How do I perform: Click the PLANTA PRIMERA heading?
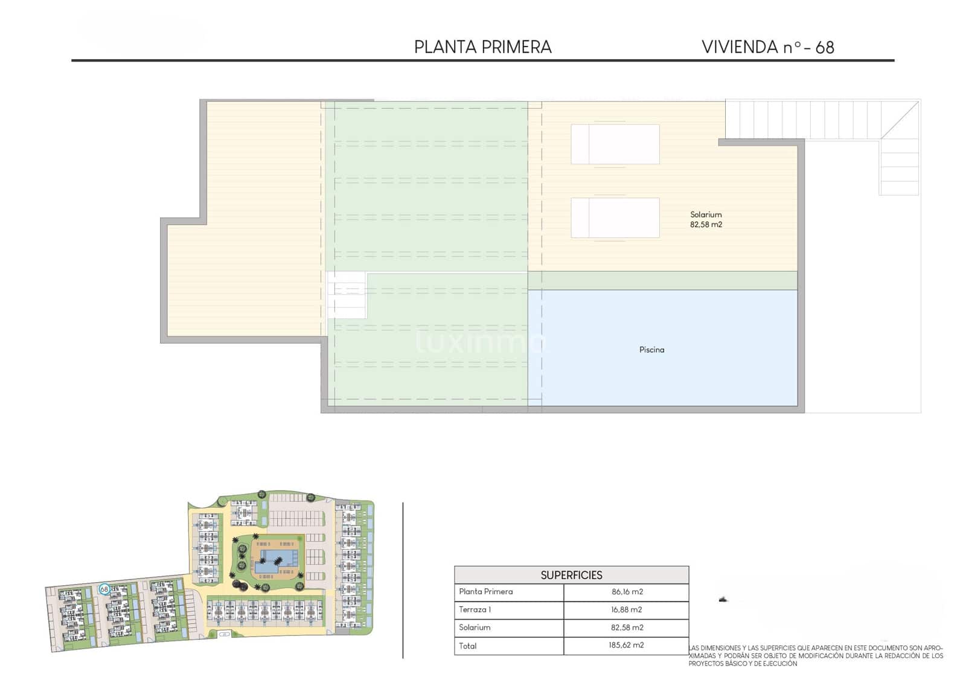[482, 47]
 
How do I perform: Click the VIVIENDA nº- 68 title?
[767, 47]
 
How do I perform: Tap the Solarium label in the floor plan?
[706, 214]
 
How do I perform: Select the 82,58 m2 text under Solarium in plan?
[706, 225]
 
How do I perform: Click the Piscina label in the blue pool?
[651, 350]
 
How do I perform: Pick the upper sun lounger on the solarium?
[615, 144]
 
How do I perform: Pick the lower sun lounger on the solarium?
[615, 217]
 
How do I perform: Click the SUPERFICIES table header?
[571, 575]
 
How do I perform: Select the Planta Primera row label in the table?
[485, 592]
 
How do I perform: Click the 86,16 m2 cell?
[627, 592]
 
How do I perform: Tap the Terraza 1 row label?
[475, 610]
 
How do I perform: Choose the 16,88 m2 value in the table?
[627, 610]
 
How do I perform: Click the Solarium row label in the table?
[475, 627]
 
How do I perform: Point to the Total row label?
[467, 646]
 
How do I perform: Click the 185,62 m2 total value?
[627, 646]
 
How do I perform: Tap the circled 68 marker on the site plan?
[104, 589]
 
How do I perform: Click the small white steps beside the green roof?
[346, 295]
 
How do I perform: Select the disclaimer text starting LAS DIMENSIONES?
[815, 656]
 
